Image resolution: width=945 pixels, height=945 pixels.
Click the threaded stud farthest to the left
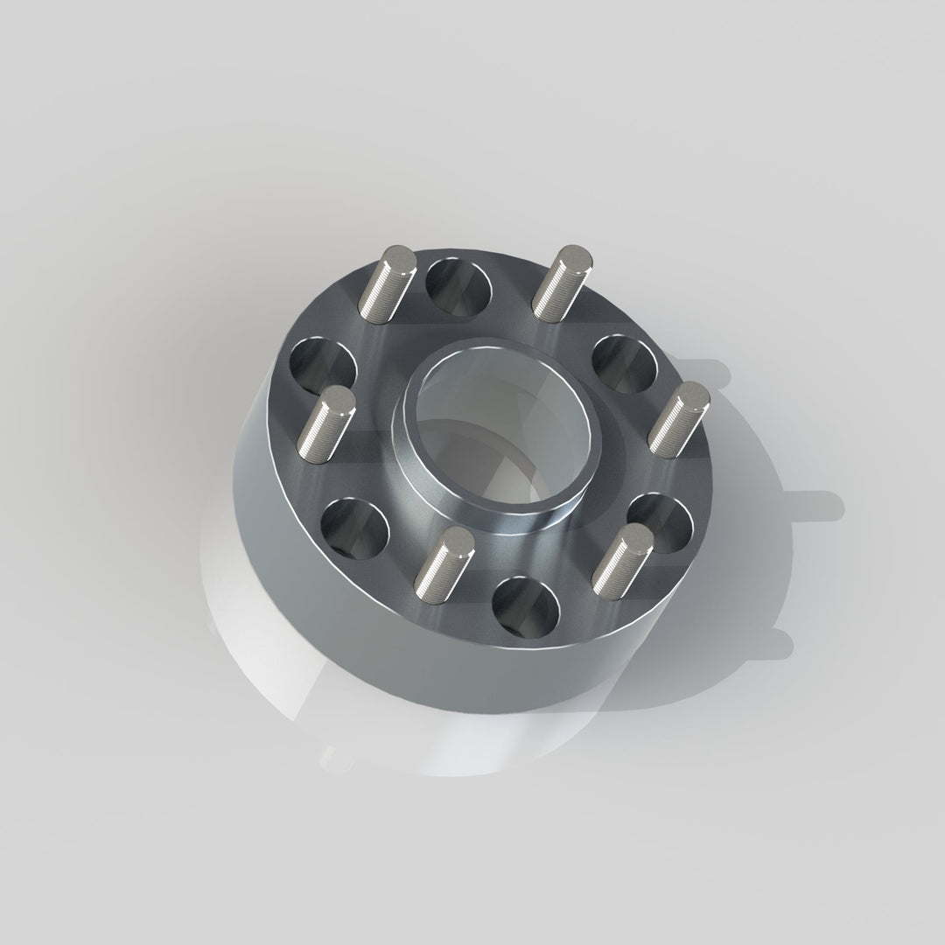(x=325, y=423)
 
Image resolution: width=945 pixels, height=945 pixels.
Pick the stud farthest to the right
(x=680, y=421)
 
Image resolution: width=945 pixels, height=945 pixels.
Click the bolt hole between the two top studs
(x=458, y=287)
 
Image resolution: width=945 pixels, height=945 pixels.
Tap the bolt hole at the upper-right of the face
(x=624, y=365)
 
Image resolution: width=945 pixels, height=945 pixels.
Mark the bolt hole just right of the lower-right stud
(x=663, y=523)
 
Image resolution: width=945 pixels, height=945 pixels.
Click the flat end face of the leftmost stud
(x=336, y=400)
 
